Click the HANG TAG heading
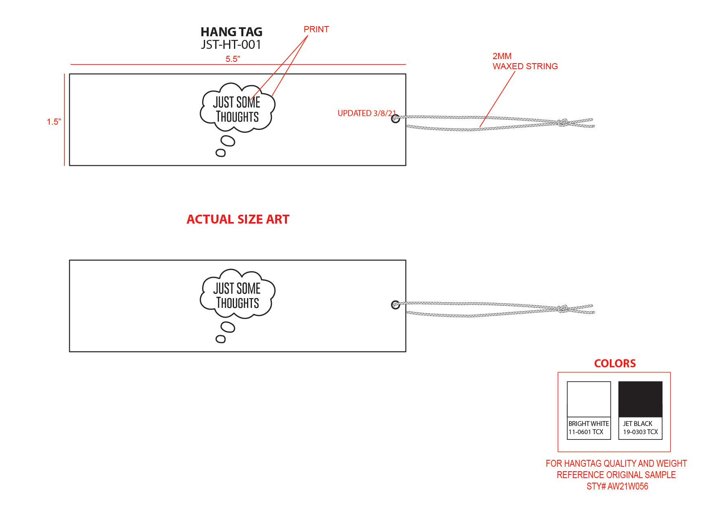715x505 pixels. point(231,32)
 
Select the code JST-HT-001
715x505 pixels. point(231,44)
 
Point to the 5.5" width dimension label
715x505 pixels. point(233,59)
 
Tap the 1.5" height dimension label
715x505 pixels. point(54,122)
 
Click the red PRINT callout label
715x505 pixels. point(316,29)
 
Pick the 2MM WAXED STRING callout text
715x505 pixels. point(525,61)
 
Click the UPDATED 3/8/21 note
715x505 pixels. point(366,113)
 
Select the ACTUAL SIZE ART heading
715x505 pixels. point(238,220)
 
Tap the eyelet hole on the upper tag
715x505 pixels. point(395,119)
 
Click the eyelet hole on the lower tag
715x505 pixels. point(395,305)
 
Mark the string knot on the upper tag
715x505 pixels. point(563,122)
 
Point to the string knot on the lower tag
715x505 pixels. point(563,309)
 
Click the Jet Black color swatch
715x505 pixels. point(640,399)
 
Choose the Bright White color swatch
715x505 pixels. point(589,399)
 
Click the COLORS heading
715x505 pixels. point(615,363)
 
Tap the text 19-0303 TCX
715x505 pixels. point(640,432)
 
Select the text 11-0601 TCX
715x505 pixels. point(586,432)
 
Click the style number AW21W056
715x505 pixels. point(627,486)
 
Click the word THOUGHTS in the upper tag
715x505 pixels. point(237,117)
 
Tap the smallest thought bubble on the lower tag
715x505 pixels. point(221,339)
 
